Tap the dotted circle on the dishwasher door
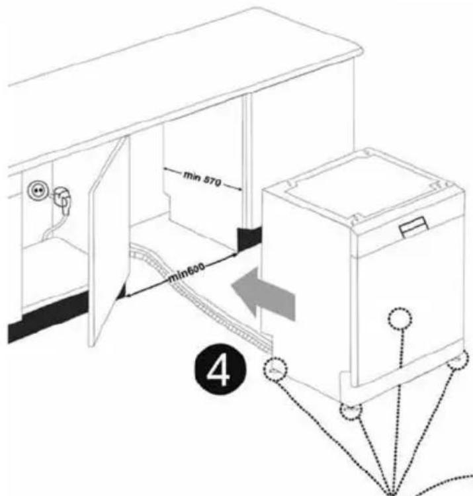(x=400, y=319)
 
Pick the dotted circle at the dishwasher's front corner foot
(x=351, y=411)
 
